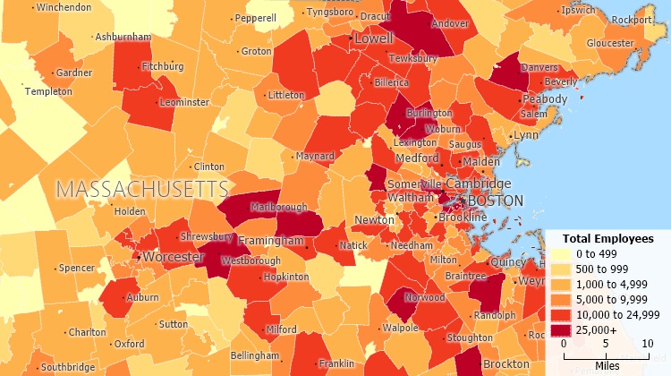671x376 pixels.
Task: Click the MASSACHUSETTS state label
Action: pos(142,189)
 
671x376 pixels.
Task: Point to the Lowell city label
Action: pos(374,39)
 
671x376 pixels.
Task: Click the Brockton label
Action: pos(506,364)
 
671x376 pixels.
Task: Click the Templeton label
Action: pos(48,91)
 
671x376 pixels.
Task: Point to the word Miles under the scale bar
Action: pos(607,365)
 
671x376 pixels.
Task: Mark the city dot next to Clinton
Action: pos(190,167)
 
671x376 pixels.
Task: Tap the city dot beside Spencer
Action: pos(54,268)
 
